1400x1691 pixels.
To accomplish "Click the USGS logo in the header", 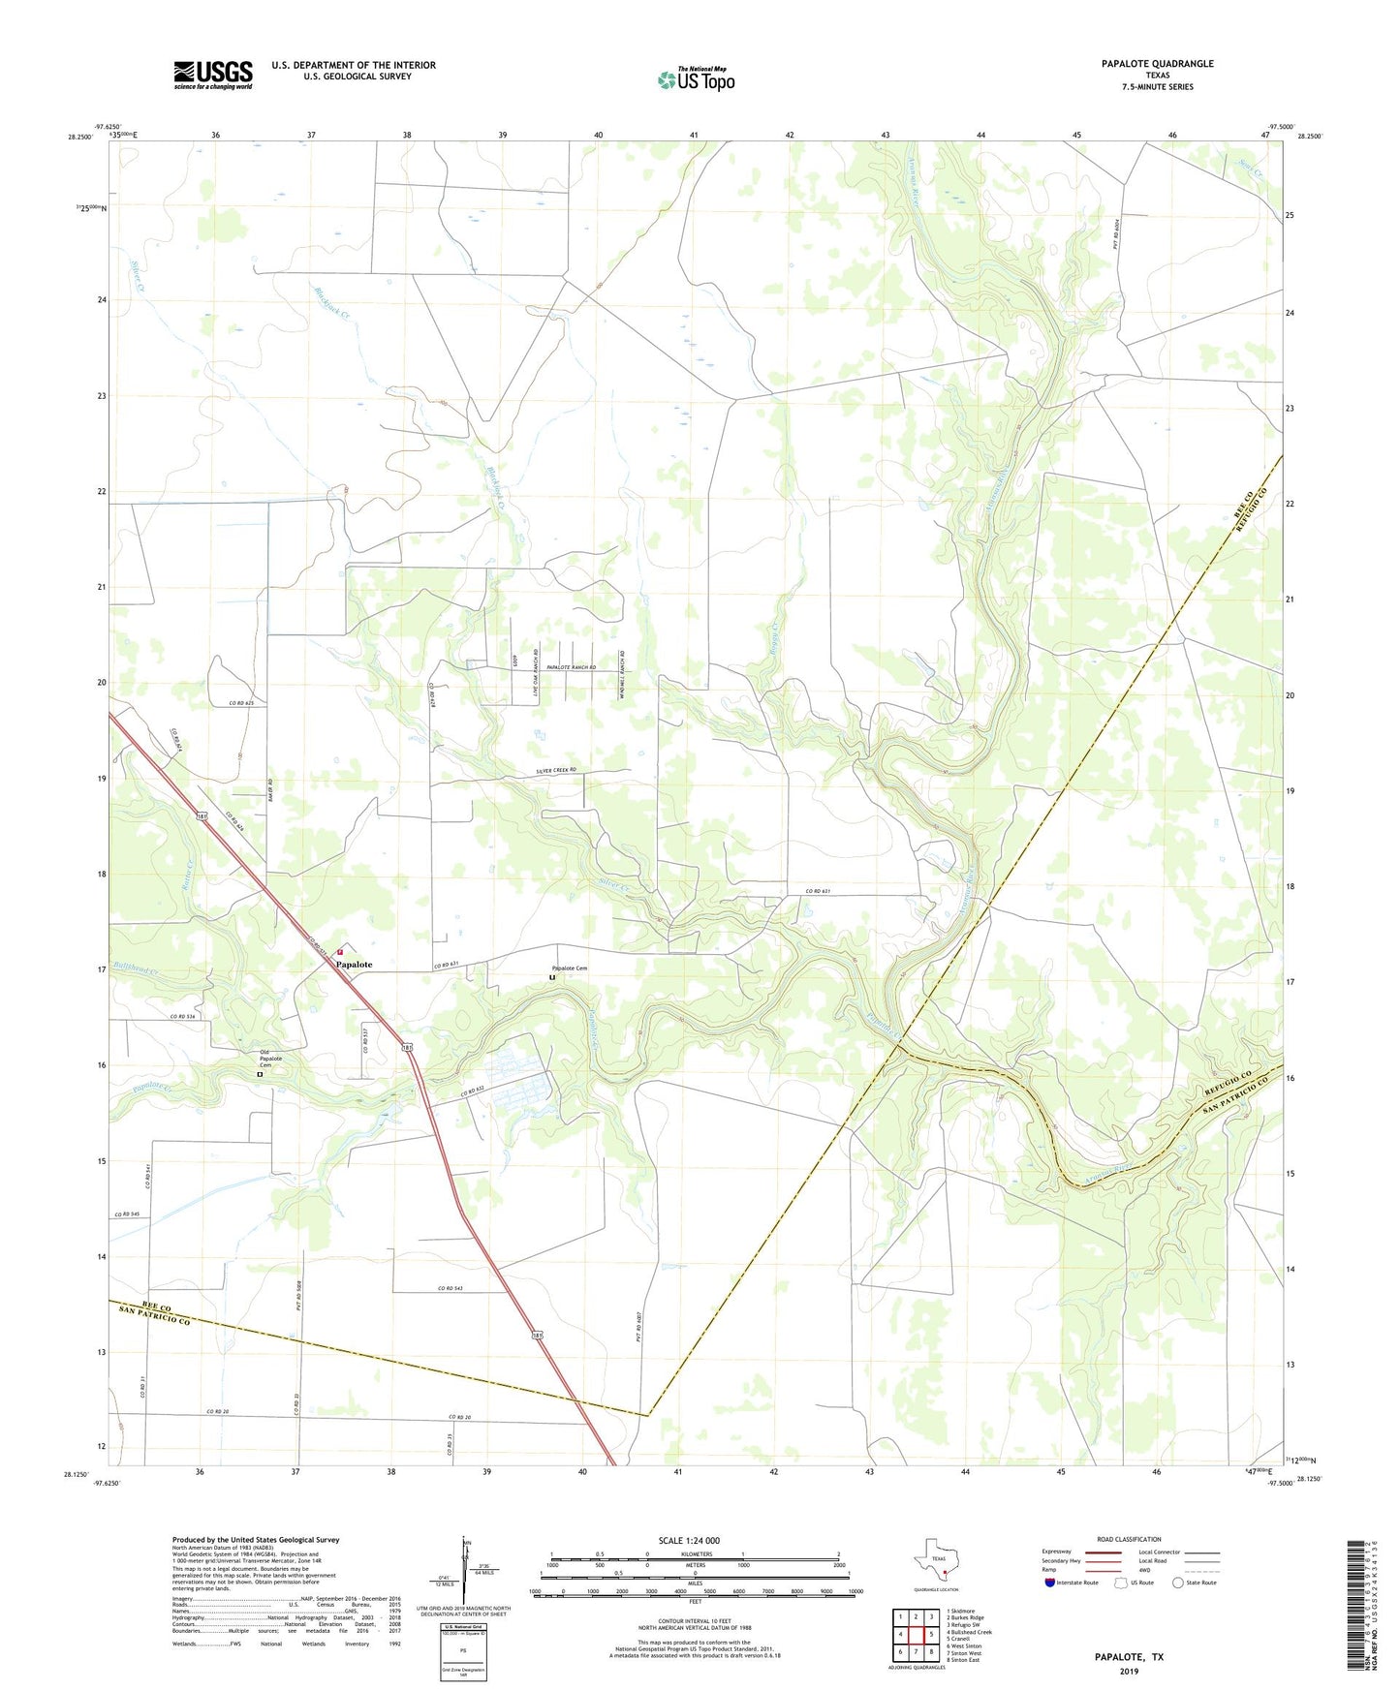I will coord(213,75).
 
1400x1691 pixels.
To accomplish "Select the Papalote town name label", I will coord(354,965).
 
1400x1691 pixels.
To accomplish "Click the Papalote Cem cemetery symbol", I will coord(552,977).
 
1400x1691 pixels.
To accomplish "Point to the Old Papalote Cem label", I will coord(270,1059).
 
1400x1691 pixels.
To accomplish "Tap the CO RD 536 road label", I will coord(183,1016).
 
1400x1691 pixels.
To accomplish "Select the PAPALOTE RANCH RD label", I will coord(571,668).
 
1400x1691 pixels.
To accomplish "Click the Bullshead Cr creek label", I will coord(135,968).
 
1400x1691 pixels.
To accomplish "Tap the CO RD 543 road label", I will coord(451,1288).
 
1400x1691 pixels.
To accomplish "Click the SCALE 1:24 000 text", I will coord(688,1540).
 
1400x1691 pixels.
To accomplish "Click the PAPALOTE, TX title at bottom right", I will coord(1129,1657).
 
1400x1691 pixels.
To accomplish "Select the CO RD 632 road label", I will coord(473,1092).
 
